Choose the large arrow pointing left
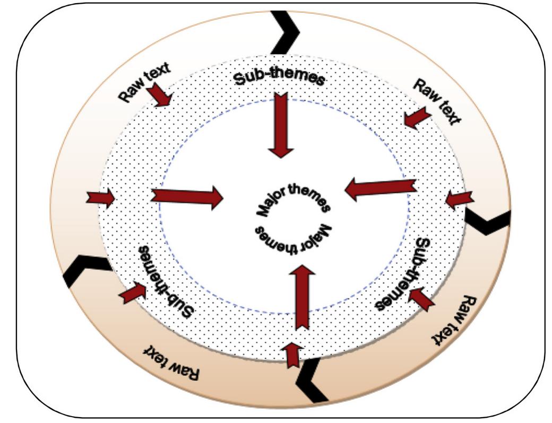[x=380, y=189]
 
